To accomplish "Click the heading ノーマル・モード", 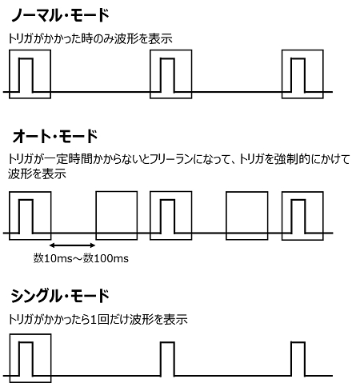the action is coord(60,15).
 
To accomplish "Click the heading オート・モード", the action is coord(55,136).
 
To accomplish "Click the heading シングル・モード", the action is coord(60,296).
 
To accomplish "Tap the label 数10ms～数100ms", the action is coord(81,258).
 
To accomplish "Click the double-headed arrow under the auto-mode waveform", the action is coord(73,245).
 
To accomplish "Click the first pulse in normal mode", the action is coord(26,58).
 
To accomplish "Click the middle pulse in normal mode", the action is coord(167,58).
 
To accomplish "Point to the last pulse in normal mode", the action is coord(298,58).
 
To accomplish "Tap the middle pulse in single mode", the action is coord(167,342).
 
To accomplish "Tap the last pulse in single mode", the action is coord(298,342).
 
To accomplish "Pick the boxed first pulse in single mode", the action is coord(26,342).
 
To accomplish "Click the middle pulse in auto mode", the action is coord(167,200).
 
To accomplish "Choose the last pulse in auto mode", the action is coord(298,200).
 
